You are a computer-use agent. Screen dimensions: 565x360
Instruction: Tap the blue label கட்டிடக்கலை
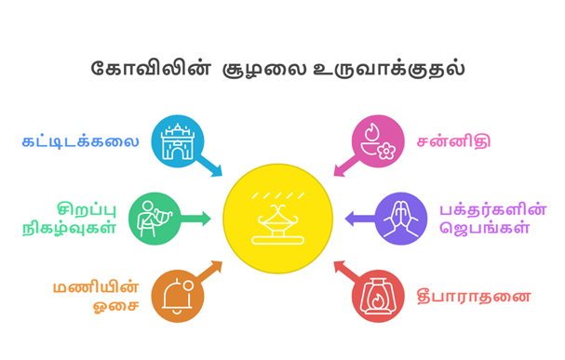point(81,142)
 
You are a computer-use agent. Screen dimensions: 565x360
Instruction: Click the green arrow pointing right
point(196,220)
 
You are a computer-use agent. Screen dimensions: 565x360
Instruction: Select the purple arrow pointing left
point(358,220)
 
